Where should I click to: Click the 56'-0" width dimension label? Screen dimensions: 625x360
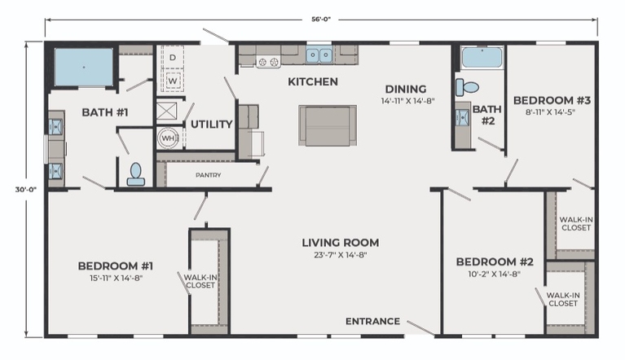(x=321, y=19)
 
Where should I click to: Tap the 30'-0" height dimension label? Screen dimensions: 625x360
(x=26, y=190)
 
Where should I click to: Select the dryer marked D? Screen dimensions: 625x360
(x=173, y=58)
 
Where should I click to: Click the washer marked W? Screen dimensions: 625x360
(x=173, y=81)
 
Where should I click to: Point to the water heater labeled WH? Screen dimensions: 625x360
(x=168, y=138)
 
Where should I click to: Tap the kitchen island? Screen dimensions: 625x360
(x=328, y=125)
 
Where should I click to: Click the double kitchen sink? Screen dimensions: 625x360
(x=319, y=55)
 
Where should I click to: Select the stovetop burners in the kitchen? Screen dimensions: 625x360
(x=268, y=62)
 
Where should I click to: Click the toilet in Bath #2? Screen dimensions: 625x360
(x=467, y=87)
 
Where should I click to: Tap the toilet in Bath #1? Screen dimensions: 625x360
(x=136, y=174)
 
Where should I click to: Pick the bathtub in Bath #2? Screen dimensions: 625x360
(x=482, y=57)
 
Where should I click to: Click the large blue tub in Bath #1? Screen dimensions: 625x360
(x=84, y=67)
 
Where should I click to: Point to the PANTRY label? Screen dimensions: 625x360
(x=208, y=175)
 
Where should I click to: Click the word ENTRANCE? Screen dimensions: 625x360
(x=372, y=322)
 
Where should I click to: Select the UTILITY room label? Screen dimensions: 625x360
(x=212, y=125)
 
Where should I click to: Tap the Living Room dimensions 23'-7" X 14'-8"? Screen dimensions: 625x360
(x=341, y=255)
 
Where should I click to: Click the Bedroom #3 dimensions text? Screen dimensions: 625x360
(x=550, y=112)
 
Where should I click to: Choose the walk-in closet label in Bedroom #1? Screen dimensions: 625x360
(x=200, y=281)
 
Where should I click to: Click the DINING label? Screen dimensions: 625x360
(x=406, y=89)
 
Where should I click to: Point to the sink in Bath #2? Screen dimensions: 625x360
(x=463, y=117)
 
